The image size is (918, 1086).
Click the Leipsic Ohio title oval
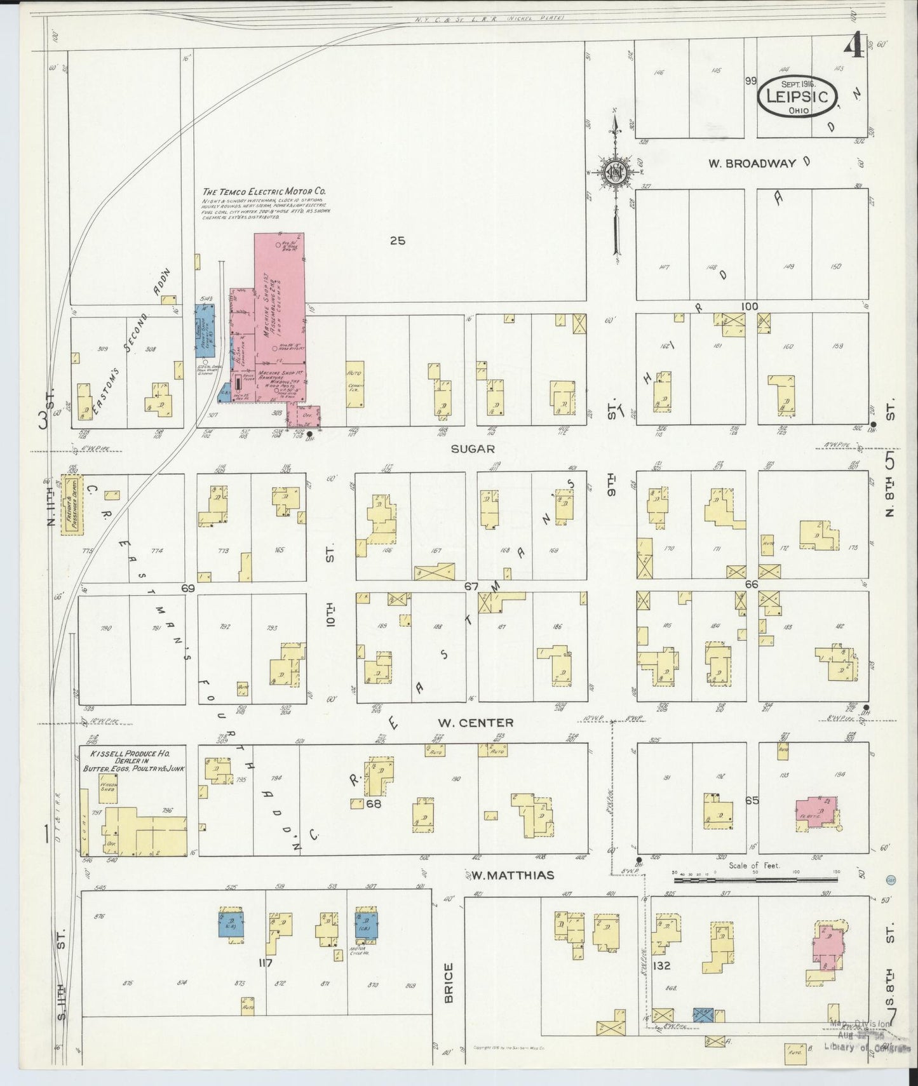click(x=797, y=96)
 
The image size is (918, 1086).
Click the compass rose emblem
click(x=615, y=172)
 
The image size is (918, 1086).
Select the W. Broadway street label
click(x=753, y=163)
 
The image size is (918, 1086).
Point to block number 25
click(x=397, y=241)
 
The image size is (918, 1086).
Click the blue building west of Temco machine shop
click(x=206, y=329)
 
